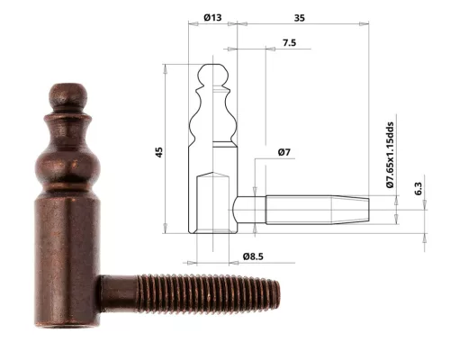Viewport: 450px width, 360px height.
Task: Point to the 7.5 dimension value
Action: [x=290, y=42]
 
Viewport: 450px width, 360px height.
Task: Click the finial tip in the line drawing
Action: [x=211, y=68]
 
